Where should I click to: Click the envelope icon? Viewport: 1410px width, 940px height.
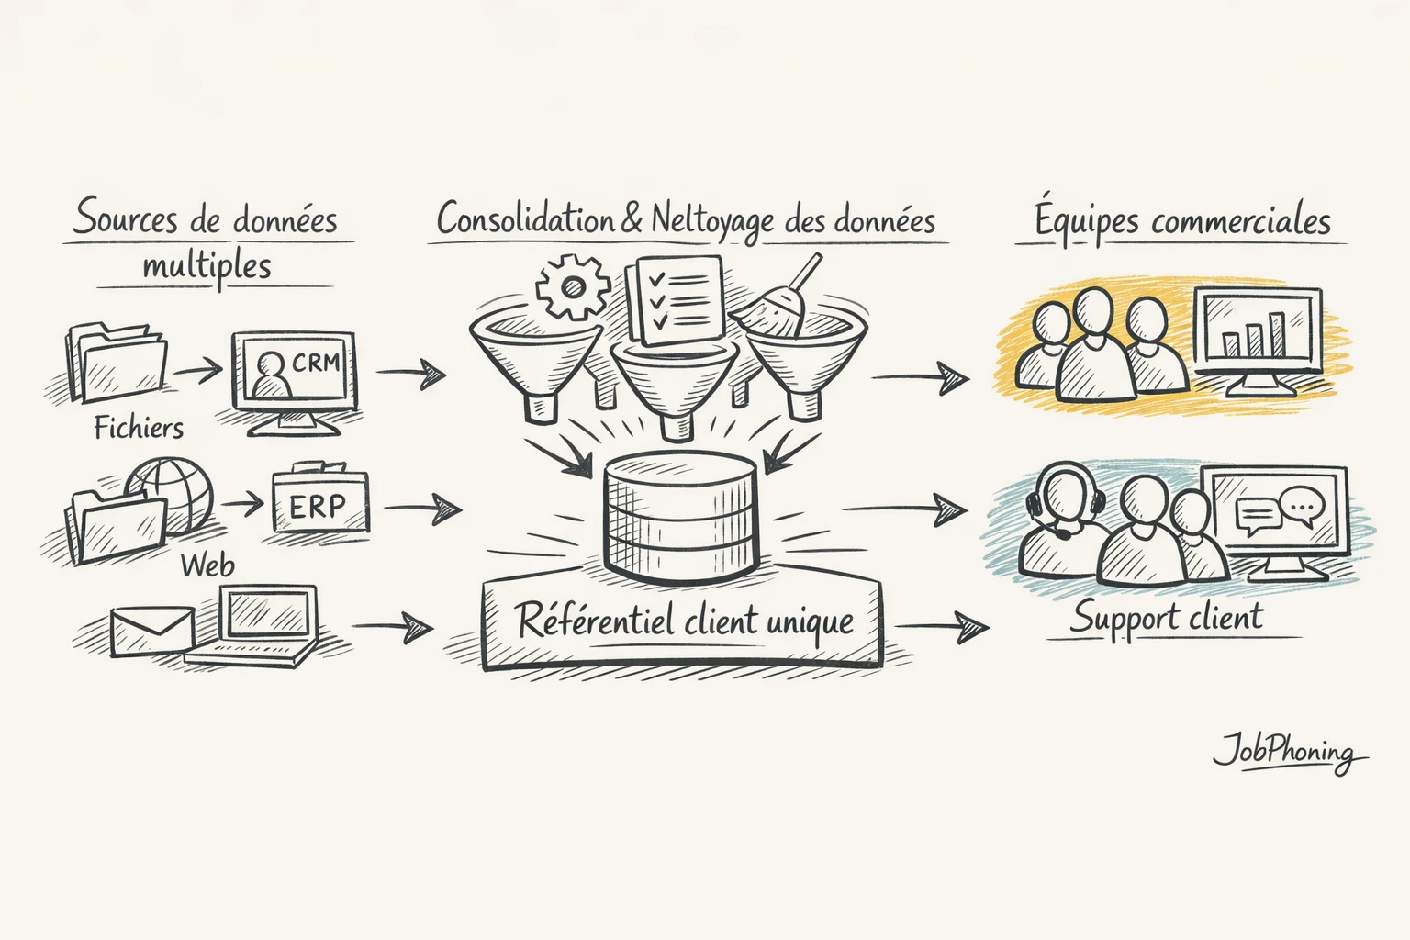[152, 632]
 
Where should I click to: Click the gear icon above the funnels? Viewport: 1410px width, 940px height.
[573, 287]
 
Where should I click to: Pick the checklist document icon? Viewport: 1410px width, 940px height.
[675, 299]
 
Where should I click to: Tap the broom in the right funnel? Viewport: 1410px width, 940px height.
[780, 303]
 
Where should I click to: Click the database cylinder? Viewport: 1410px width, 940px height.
[679, 519]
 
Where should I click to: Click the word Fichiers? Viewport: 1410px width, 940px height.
[139, 428]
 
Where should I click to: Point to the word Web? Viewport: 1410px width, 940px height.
[207, 565]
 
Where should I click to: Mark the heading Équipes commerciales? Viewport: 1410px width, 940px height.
[1182, 221]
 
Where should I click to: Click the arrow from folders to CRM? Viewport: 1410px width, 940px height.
[198, 370]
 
